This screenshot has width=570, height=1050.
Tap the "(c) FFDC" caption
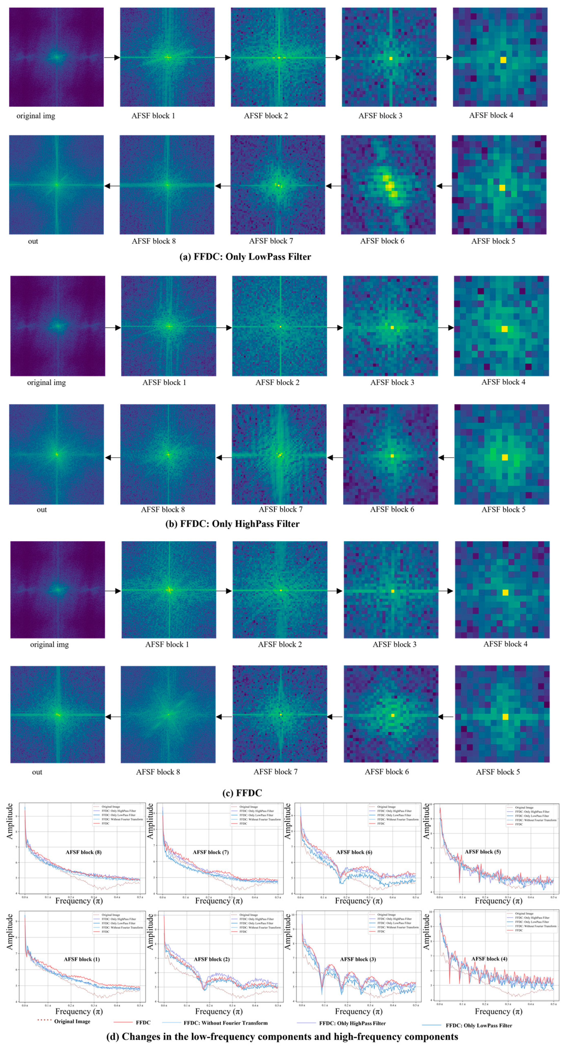pos(242,793)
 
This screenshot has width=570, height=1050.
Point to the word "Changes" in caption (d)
pos(140,1036)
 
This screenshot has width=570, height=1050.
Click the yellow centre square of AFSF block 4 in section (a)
pos(503,60)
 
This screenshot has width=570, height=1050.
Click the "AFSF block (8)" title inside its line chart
pos(84,852)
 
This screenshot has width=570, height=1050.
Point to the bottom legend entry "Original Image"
pos(72,1021)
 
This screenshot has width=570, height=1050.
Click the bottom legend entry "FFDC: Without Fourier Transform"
pos(225,1023)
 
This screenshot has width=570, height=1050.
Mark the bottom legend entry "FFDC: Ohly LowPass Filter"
pos(479,1025)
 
